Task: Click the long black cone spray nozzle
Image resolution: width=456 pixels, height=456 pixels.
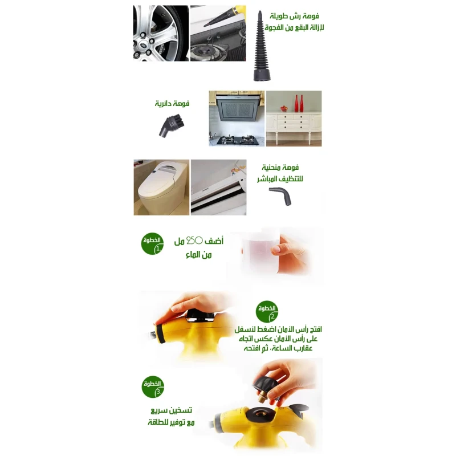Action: (x=261, y=48)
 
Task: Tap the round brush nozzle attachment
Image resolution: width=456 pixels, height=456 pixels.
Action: (x=172, y=126)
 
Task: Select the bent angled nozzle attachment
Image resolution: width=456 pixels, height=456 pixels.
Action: (x=280, y=196)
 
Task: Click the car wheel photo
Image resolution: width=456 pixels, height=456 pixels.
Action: (x=161, y=33)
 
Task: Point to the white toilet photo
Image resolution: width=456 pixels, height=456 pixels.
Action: (x=161, y=188)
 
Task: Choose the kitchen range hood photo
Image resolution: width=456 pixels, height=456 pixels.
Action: (x=237, y=119)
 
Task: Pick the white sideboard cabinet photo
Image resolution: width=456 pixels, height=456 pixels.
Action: (x=294, y=119)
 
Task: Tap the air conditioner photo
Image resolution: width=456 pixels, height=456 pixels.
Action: (x=219, y=188)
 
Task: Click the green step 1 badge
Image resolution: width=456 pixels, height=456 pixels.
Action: (x=152, y=244)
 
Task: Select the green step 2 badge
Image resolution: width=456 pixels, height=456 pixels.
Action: (x=267, y=312)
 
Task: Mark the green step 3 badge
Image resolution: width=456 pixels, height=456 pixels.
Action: (x=153, y=387)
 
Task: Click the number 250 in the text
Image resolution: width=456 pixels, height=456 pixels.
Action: (x=194, y=241)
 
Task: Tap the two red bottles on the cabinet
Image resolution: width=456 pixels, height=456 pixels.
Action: (x=299, y=103)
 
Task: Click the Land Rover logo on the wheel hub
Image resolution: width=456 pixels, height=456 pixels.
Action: (x=143, y=46)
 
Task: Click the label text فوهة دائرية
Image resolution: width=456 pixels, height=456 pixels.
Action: (x=172, y=103)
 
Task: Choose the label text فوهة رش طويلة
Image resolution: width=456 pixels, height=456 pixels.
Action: (x=294, y=16)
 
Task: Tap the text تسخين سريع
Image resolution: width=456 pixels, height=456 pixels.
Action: (x=172, y=410)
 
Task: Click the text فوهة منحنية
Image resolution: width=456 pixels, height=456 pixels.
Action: (x=280, y=167)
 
